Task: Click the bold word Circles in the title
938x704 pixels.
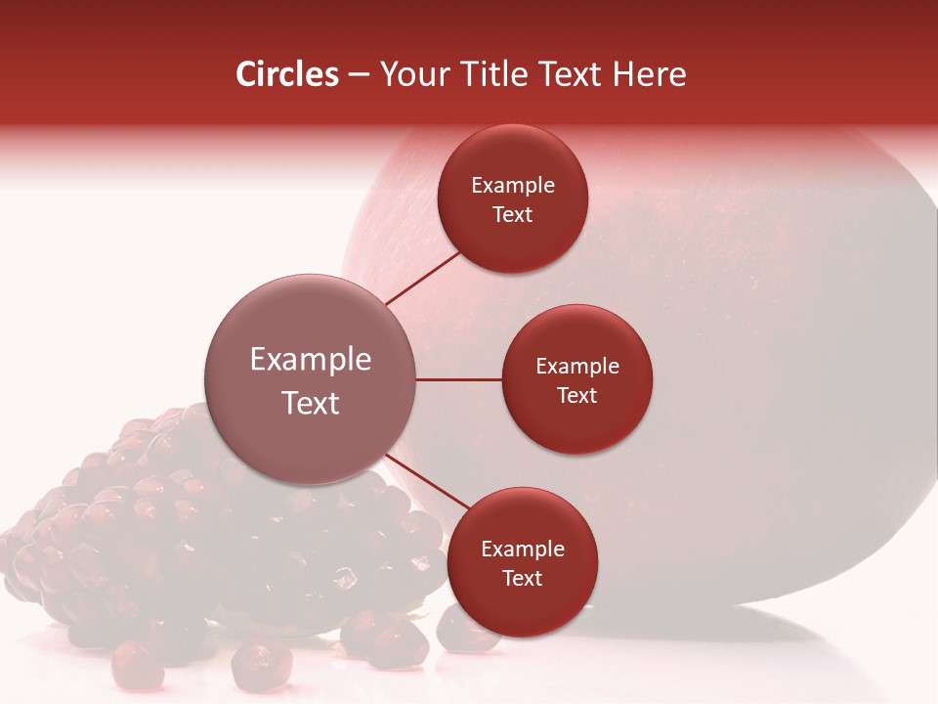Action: point(287,74)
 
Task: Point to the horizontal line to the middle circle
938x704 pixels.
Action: point(459,379)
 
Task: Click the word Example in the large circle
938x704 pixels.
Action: point(310,360)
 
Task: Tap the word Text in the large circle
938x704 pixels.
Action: point(310,403)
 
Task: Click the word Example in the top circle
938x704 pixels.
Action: point(513,186)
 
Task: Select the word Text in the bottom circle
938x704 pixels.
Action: point(522,578)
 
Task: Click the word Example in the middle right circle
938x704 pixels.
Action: point(577,366)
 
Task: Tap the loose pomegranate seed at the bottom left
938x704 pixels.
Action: point(137,667)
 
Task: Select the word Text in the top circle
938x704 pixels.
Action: point(513,214)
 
